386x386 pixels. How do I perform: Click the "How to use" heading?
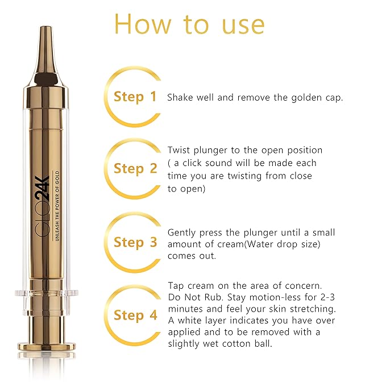[x=189, y=24]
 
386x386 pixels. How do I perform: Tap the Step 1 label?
[x=135, y=97]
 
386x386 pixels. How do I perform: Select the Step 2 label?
[x=135, y=169]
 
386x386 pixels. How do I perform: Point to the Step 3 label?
[x=135, y=242]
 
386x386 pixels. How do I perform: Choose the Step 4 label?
[x=135, y=316]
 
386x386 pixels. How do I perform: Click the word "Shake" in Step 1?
[x=180, y=97]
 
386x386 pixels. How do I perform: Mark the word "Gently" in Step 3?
[x=182, y=233]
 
